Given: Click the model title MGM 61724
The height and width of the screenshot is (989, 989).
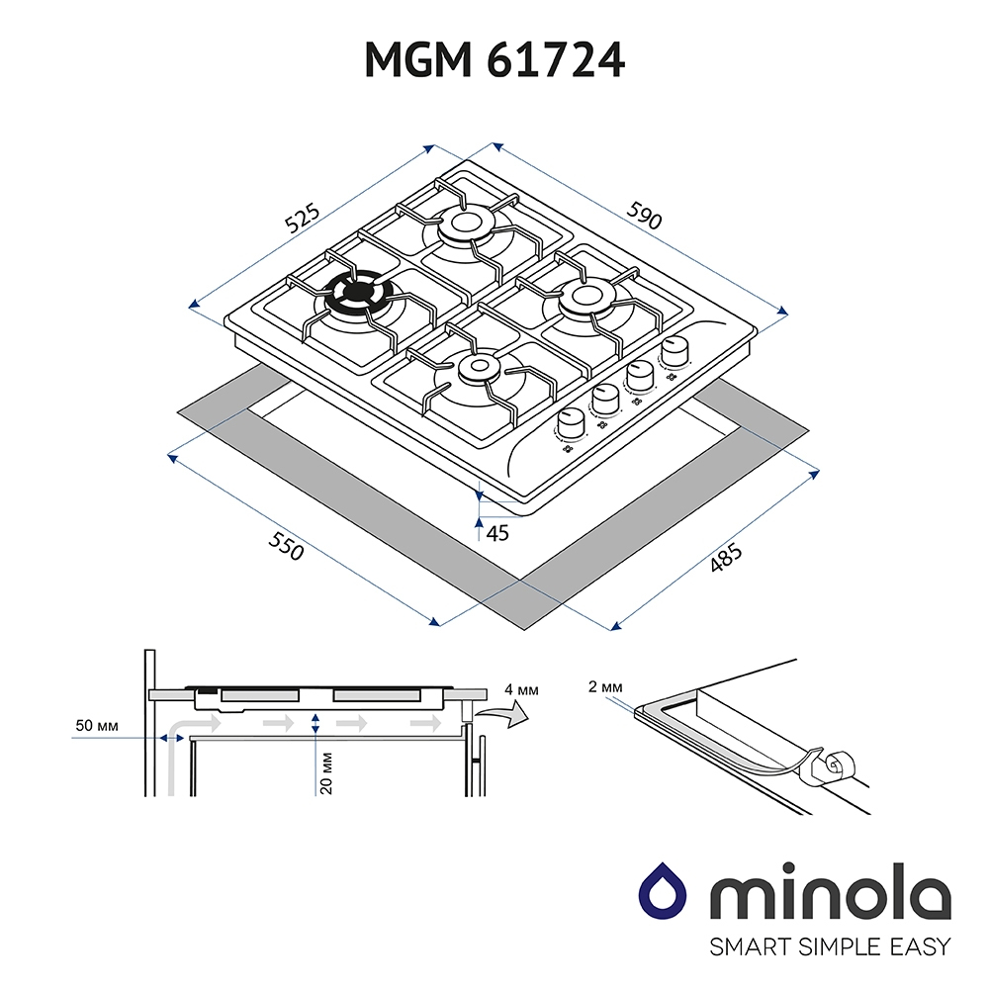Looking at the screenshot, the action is tap(494, 60).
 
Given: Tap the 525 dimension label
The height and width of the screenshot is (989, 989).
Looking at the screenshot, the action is tap(303, 219).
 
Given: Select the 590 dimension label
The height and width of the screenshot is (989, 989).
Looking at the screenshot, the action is tap(644, 215).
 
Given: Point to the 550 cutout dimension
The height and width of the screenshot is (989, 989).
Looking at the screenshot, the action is tap(286, 546).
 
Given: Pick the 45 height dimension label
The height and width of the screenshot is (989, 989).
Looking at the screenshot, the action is tap(497, 534).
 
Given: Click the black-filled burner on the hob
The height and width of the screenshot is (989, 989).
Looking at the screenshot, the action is tap(358, 295).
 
